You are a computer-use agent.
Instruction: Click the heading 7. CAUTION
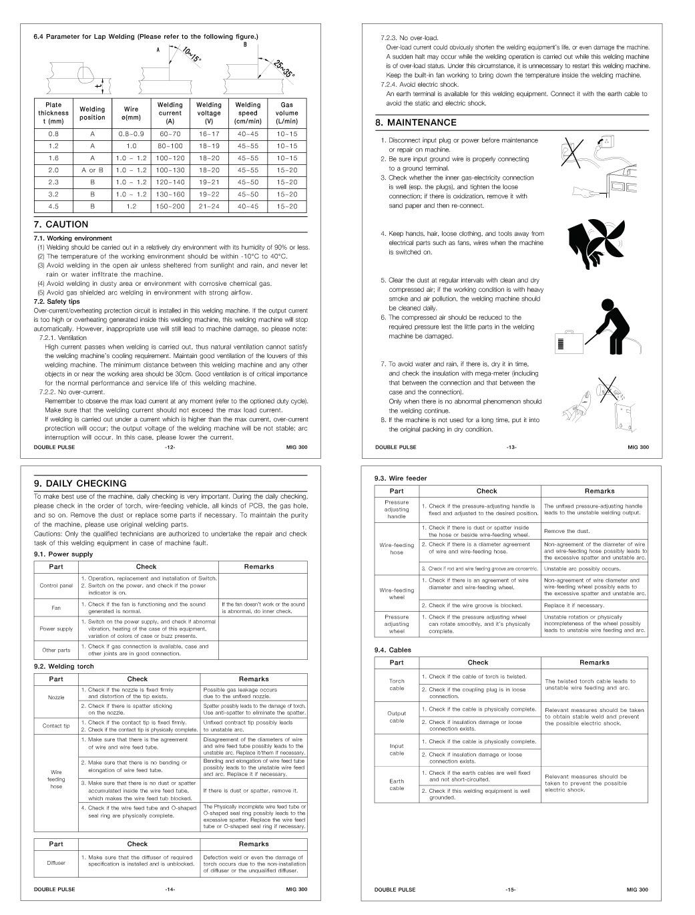click(x=61, y=224)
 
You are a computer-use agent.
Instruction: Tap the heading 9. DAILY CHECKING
click(x=79, y=483)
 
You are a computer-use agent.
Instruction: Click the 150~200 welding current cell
click(x=170, y=206)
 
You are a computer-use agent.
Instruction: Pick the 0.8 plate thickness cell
click(x=53, y=134)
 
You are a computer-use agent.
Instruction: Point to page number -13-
click(x=511, y=447)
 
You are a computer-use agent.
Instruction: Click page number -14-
click(x=170, y=889)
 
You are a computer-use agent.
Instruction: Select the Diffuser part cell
click(x=56, y=863)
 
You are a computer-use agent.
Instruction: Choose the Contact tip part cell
click(x=56, y=726)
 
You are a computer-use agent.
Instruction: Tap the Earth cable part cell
click(x=397, y=784)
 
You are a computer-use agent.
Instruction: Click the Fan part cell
click(x=56, y=608)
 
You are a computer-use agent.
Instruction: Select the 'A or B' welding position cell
click(x=92, y=170)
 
